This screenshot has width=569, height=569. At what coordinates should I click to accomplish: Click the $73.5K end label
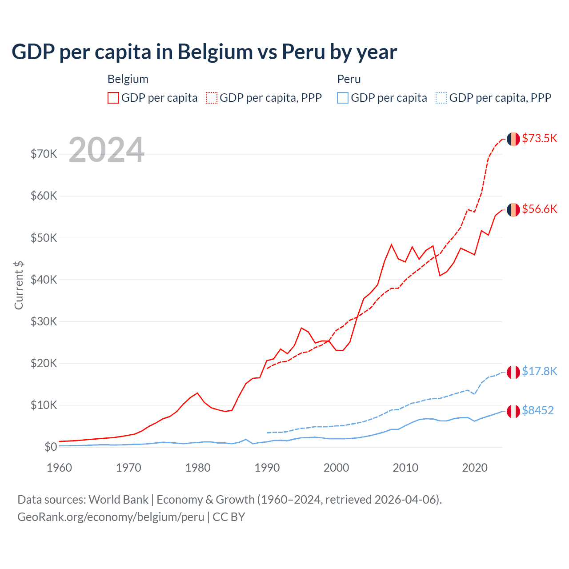click(x=539, y=138)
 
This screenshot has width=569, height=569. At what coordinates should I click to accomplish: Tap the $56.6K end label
click(x=539, y=209)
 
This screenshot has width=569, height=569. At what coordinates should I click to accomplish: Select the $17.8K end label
click(x=539, y=371)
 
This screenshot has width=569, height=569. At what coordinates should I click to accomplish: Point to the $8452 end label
click(x=537, y=410)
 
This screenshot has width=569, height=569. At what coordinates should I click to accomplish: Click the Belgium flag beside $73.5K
click(x=513, y=139)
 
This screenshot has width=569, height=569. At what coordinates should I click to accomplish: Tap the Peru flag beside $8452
click(x=513, y=411)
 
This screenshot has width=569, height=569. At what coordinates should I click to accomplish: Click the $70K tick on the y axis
click(x=44, y=154)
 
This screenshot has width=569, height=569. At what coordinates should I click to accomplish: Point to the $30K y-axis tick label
click(x=44, y=321)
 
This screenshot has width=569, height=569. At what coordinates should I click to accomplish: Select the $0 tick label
click(x=51, y=447)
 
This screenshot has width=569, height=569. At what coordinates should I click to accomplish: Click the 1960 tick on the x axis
click(x=59, y=468)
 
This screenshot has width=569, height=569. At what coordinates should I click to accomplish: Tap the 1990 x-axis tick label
click(x=267, y=468)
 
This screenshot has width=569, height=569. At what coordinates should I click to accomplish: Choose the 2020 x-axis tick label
click(x=475, y=468)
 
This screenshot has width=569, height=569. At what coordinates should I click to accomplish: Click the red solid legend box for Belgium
click(x=113, y=98)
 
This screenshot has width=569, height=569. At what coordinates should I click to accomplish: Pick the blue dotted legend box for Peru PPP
click(x=441, y=98)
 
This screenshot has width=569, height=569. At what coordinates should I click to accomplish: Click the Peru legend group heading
click(x=349, y=79)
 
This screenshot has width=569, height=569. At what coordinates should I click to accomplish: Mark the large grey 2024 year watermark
click(x=107, y=150)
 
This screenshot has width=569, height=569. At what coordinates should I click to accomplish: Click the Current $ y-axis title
click(x=19, y=285)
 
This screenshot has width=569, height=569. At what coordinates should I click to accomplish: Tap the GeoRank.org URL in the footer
click(x=111, y=517)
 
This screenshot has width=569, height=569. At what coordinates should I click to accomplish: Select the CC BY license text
click(x=229, y=517)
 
